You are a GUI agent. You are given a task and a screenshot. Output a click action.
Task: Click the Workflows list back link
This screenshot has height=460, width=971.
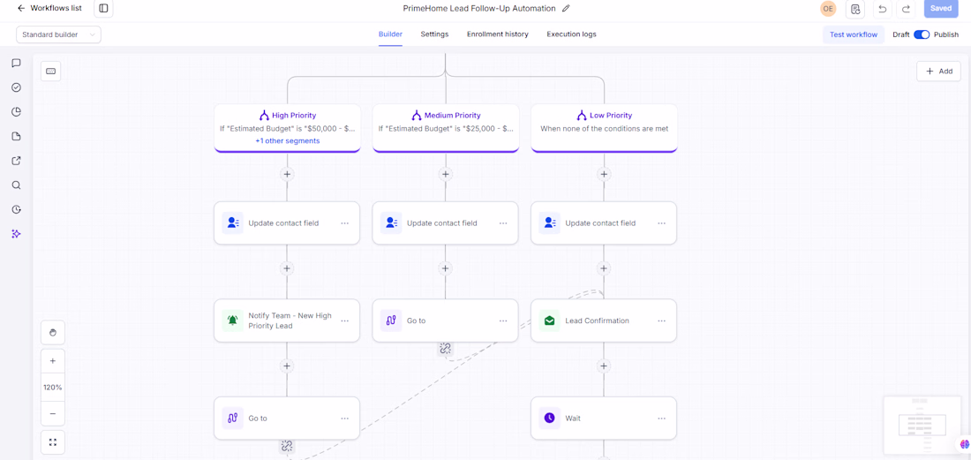click(49, 8)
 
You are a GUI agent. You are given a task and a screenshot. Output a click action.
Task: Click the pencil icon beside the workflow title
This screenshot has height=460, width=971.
click(566, 9)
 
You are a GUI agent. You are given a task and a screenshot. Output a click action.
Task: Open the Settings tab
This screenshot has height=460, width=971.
click(434, 34)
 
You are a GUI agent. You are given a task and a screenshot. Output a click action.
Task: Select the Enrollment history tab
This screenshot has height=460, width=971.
click(497, 34)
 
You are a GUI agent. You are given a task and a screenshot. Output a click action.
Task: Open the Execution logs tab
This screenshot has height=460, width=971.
click(571, 34)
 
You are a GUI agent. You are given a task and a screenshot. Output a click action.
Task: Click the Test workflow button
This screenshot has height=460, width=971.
click(854, 34)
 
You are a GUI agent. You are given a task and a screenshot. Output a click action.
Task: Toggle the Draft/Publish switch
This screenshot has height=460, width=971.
click(922, 34)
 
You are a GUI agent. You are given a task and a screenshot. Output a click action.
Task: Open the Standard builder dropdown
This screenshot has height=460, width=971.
click(59, 34)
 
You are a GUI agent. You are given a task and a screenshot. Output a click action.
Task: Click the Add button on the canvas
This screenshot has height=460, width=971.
click(939, 72)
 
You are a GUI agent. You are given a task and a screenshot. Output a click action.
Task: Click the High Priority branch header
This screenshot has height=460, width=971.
click(287, 115)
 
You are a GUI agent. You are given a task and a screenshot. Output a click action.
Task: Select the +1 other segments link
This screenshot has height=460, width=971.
click(288, 140)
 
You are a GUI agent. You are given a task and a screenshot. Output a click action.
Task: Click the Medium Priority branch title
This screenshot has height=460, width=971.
click(452, 115)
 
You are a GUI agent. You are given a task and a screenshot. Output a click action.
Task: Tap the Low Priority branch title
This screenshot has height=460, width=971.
click(612, 115)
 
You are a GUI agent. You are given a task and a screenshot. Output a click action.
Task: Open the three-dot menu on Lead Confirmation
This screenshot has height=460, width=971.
click(661, 320)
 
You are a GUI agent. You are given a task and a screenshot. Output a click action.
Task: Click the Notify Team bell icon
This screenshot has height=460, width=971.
click(233, 320)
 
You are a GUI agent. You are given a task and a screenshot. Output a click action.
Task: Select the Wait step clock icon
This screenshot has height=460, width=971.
click(549, 418)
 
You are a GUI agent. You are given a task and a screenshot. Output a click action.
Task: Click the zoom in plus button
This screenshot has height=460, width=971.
click(53, 360)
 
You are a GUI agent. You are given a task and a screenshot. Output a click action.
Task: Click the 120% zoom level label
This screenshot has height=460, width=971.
click(53, 387)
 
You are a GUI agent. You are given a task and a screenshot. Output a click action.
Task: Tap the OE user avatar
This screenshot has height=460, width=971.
click(828, 9)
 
